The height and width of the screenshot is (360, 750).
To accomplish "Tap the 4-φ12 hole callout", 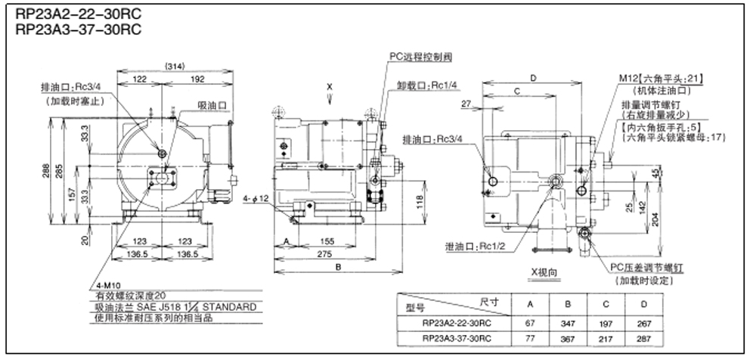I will tap(258, 198).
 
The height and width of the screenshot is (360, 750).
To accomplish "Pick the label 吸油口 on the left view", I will tap(211, 104).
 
